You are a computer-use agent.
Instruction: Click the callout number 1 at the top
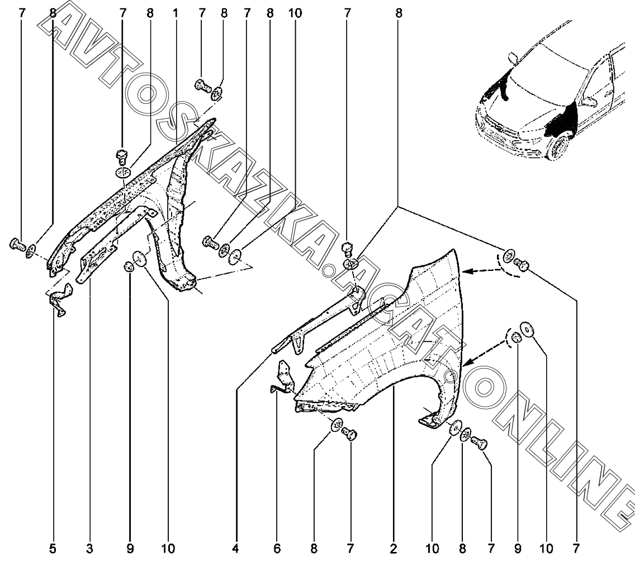point(176,13)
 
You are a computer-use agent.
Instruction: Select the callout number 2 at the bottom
point(394,549)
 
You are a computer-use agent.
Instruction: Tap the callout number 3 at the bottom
point(89,549)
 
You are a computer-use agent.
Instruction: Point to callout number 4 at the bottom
point(236,549)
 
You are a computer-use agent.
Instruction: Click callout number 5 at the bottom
point(53,549)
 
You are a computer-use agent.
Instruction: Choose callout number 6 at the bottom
point(277,549)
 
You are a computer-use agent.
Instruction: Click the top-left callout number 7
point(22,13)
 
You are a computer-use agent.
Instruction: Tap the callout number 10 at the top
point(295,13)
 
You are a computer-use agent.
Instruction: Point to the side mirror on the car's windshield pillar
point(513,57)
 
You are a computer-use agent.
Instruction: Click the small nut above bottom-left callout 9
point(129,266)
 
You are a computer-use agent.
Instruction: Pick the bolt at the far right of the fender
point(523,265)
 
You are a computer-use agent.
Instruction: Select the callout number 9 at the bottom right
point(518,549)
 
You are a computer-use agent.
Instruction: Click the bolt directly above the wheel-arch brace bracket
point(347,249)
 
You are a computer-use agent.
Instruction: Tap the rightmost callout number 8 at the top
point(399,13)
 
